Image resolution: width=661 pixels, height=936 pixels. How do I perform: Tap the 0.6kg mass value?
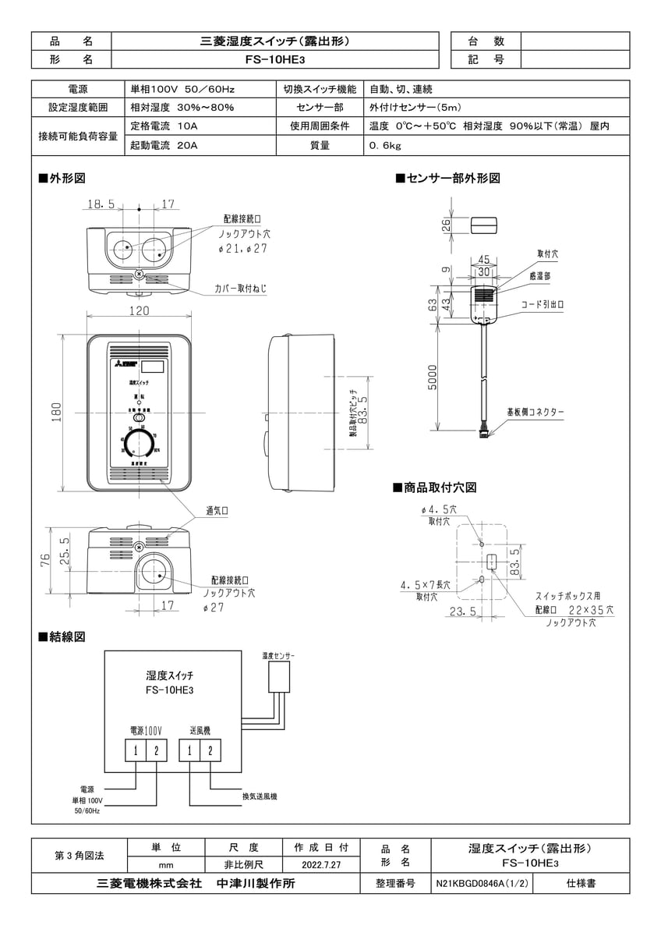pos(386,145)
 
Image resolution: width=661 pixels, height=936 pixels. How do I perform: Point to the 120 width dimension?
pos(139,311)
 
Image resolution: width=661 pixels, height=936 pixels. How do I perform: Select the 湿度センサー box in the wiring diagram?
pos(277,679)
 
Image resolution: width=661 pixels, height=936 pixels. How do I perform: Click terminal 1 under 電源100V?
pos(136,750)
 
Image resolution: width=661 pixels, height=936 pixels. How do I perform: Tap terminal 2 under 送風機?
pos(209,750)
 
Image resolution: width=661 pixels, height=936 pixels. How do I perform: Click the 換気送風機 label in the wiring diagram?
pos(260,796)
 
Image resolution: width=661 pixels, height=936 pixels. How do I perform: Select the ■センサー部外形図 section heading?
pos(447,179)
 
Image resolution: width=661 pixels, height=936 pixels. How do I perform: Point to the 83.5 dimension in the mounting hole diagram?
pos(515,561)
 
